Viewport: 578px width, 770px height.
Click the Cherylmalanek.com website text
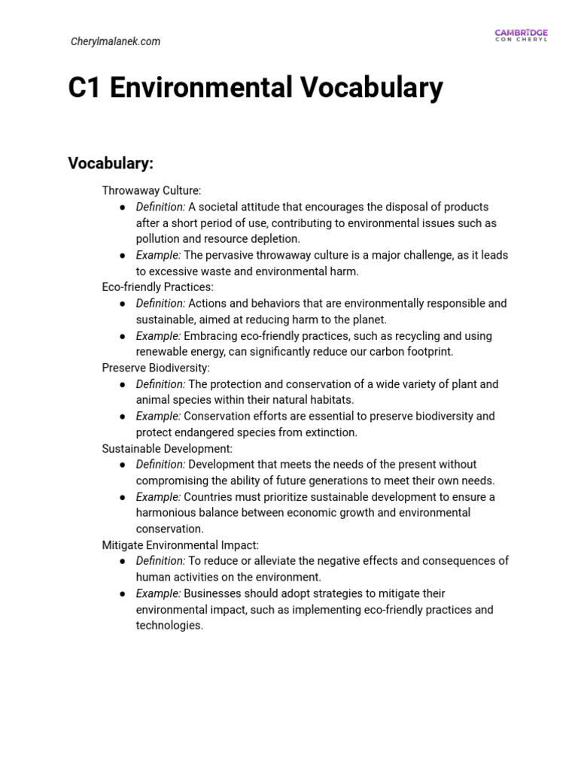pyautogui.click(x=115, y=41)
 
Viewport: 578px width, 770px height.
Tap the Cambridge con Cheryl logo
pyautogui.click(x=521, y=35)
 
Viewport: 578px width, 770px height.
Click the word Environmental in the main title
pyautogui.click(x=202, y=89)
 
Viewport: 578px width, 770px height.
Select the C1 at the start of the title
pyautogui.click(x=84, y=89)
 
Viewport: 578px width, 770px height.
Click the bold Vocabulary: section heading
pyautogui.click(x=111, y=163)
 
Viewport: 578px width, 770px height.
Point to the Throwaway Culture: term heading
pyautogui.click(x=151, y=191)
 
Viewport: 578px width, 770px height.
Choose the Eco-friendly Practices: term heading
pyautogui.click(x=157, y=287)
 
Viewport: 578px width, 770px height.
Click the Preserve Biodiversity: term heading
pyautogui.click(x=156, y=368)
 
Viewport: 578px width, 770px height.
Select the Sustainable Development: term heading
pyautogui.click(x=167, y=448)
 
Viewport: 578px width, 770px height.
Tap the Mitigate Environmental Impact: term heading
pyautogui.click(x=180, y=544)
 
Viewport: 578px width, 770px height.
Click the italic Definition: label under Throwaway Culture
pyautogui.click(x=160, y=207)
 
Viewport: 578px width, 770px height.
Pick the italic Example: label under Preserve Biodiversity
pyautogui.click(x=158, y=416)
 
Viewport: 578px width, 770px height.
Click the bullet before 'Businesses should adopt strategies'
pyautogui.click(x=122, y=593)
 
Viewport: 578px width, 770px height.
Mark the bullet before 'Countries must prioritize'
pyautogui.click(x=122, y=497)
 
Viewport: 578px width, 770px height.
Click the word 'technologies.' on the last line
pyautogui.click(x=169, y=626)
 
